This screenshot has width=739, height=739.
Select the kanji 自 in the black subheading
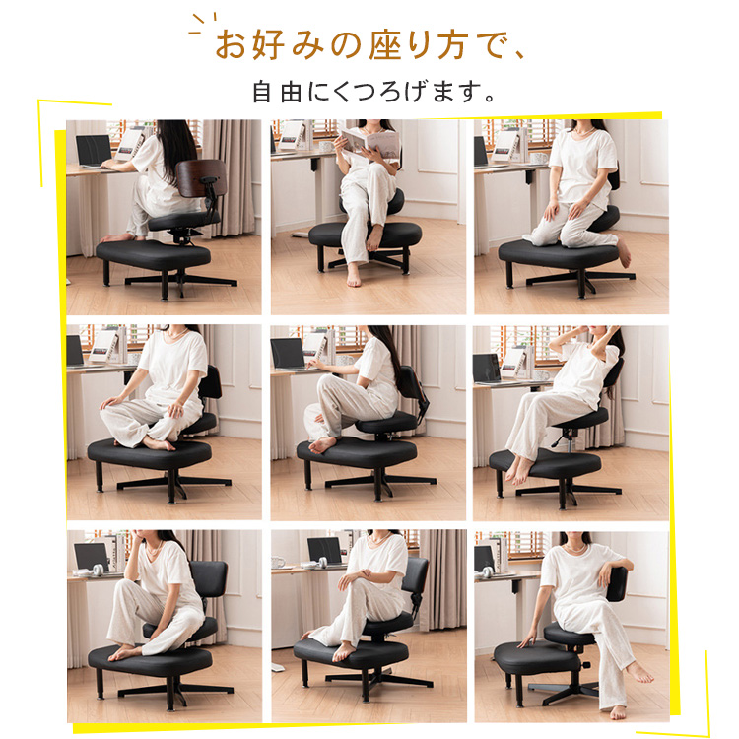click(261, 92)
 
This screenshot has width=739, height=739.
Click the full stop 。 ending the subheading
click(489, 98)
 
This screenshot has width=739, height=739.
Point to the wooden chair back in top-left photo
click(201, 177)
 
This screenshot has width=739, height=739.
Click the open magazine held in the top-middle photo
click(369, 141)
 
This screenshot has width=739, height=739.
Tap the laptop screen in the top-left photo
click(94, 150)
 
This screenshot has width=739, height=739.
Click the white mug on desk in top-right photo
click(539, 158)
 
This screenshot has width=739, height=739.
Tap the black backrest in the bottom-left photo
click(208, 578)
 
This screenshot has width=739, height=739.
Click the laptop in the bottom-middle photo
click(325, 552)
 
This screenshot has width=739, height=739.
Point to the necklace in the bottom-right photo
click(575, 549)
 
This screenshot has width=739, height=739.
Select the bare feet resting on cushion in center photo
click(323, 445)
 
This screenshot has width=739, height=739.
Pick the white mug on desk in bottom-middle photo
click(278, 563)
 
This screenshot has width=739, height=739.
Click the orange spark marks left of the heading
click(202, 23)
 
